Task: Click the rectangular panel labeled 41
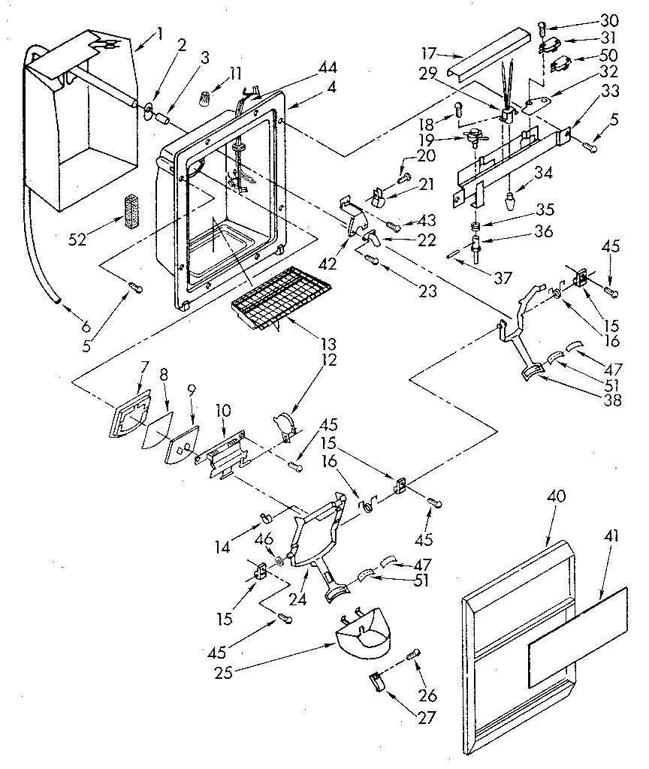click(x=576, y=637)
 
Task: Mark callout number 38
click(x=614, y=400)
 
